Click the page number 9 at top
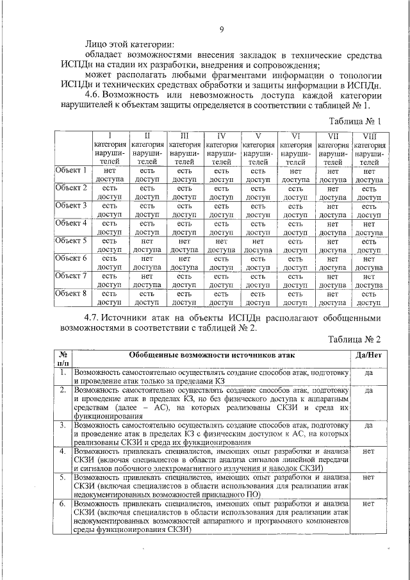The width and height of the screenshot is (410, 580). click(x=221, y=30)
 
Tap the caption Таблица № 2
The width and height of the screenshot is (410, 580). click(x=355, y=339)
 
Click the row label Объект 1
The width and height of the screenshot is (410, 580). click(x=71, y=170)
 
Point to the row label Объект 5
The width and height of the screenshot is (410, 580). click(x=71, y=241)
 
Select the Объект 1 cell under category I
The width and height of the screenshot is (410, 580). click(x=109, y=176)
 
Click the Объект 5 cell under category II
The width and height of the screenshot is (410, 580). click(x=147, y=246)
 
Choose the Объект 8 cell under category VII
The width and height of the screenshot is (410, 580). click(x=332, y=299)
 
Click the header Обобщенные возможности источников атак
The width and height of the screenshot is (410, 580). click(x=212, y=354)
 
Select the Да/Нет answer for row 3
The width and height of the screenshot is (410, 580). click(x=368, y=425)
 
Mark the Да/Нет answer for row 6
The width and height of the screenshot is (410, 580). click(x=368, y=504)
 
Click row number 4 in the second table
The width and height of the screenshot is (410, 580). click(x=63, y=451)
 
